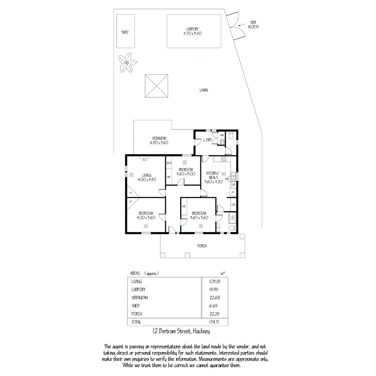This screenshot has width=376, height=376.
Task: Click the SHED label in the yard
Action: tap(125, 32)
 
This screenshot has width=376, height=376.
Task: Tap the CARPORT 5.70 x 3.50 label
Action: tap(194, 31)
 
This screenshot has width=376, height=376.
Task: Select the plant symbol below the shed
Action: tap(127, 63)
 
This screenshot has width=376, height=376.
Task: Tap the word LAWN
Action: tap(203, 90)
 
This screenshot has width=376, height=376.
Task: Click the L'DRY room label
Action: tap(207, 140)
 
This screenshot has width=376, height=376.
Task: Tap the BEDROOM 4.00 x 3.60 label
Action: tap(146, 215)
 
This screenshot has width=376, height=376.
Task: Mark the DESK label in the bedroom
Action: tap(169, 163)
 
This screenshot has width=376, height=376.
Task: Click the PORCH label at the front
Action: tap(202, 246)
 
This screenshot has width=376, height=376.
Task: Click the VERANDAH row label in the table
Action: tap(140, 298)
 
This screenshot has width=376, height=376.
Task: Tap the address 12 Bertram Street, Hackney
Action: tap(181, 332)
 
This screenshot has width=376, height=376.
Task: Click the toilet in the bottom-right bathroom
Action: tap(230, 228)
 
